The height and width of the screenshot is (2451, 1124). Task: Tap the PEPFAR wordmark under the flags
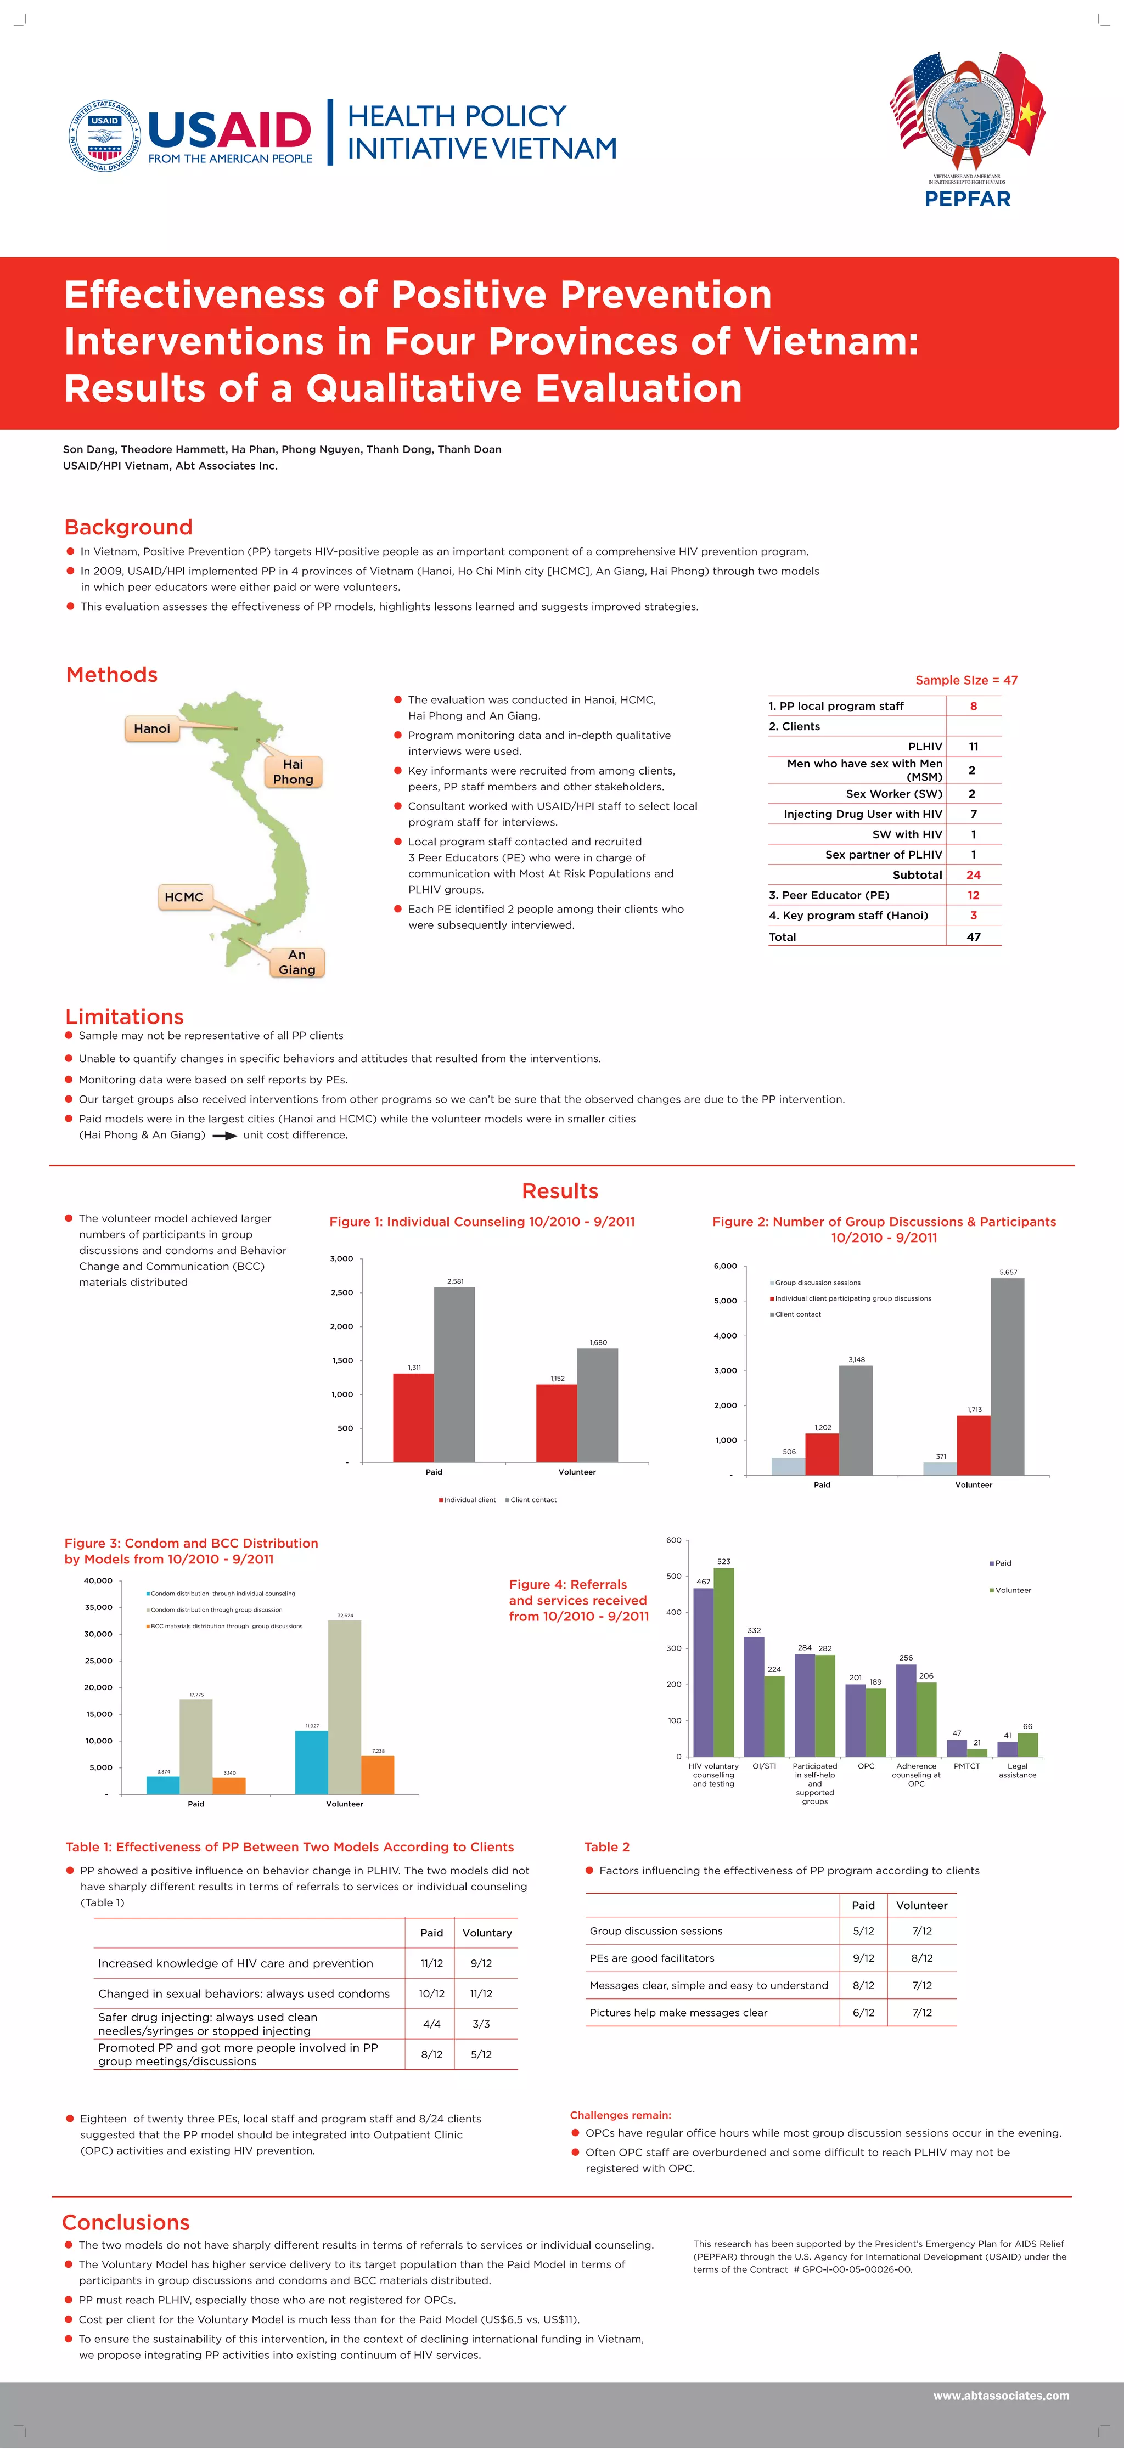coord(967,199)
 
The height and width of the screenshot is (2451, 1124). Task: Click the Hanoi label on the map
coord(152,729)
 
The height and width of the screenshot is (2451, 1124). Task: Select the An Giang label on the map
coord(297,962)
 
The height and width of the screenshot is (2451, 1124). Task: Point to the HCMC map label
coord(184,897)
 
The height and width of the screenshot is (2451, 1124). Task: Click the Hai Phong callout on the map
coord(293,772)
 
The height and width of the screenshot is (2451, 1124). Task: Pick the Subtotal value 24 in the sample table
coord(973,874)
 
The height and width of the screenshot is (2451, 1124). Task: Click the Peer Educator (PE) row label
coord(829,895)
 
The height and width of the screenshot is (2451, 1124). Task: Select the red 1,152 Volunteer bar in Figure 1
coord(556,1422)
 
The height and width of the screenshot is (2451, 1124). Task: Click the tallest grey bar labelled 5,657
coord(1007,1376)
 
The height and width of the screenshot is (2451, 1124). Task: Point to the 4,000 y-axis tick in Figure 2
coord(724,1336)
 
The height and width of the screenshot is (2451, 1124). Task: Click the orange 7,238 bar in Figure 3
coord(377,1775)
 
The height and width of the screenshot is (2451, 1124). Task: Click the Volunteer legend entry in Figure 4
coord(1011,1590)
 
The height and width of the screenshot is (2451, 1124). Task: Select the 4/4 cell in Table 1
coord(431,2024)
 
